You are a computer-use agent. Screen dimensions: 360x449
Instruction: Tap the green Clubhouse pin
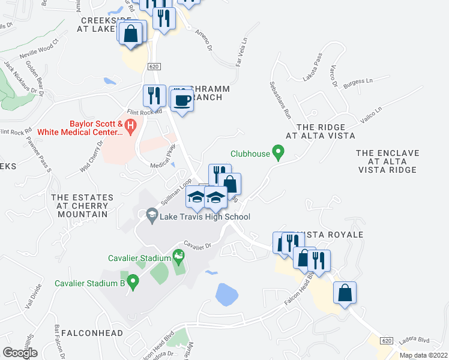click(x=278, y=153)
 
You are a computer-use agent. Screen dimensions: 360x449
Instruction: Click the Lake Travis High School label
click(x=204, y=217)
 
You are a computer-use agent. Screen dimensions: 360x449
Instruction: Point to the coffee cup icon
click(x=182, y=101)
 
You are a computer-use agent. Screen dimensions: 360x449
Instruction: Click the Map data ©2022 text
click(x=423, y=355)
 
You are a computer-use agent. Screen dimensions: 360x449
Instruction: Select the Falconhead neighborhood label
click(x=92, y=333)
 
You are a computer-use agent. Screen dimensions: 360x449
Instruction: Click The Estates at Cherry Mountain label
click(x=82, y=205)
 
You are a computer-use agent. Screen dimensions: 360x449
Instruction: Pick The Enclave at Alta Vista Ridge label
click(x=386, y=162)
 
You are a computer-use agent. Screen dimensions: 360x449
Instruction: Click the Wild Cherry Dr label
click(x=92, y=156)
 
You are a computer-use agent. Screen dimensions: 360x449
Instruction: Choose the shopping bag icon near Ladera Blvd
click(x=345, y=293)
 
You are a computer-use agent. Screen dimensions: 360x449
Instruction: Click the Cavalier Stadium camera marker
click(x=178, y=258)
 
